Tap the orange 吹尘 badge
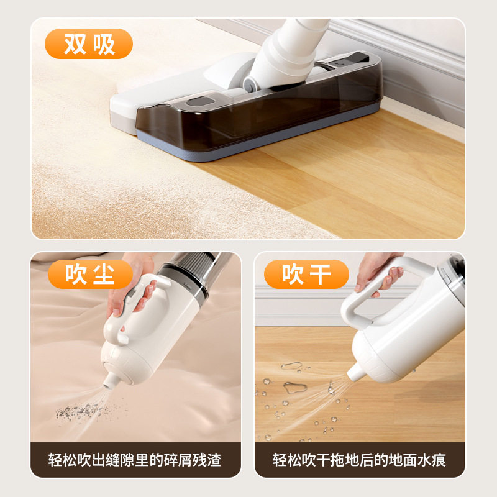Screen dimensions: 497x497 click(90, 274)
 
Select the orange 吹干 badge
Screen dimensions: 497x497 click(306, 274)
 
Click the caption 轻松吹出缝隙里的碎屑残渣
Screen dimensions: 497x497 click(135, 460)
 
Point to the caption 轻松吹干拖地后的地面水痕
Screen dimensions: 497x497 click(359, 460)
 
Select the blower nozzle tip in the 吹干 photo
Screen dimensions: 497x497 click(353, 373)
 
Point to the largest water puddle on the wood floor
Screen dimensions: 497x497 click(294, 388)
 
